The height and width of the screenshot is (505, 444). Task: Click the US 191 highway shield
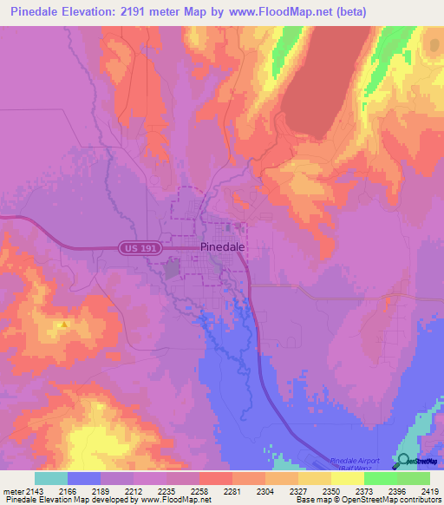tap(137, 248)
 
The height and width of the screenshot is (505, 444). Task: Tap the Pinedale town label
tap(222, 246)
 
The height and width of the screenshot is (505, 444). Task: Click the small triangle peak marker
tap(63, 325)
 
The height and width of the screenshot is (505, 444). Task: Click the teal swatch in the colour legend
tap(51, 478)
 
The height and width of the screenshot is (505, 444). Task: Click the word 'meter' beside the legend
tap(13, 492)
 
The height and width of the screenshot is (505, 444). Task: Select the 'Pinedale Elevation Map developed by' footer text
tap(69, 501)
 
